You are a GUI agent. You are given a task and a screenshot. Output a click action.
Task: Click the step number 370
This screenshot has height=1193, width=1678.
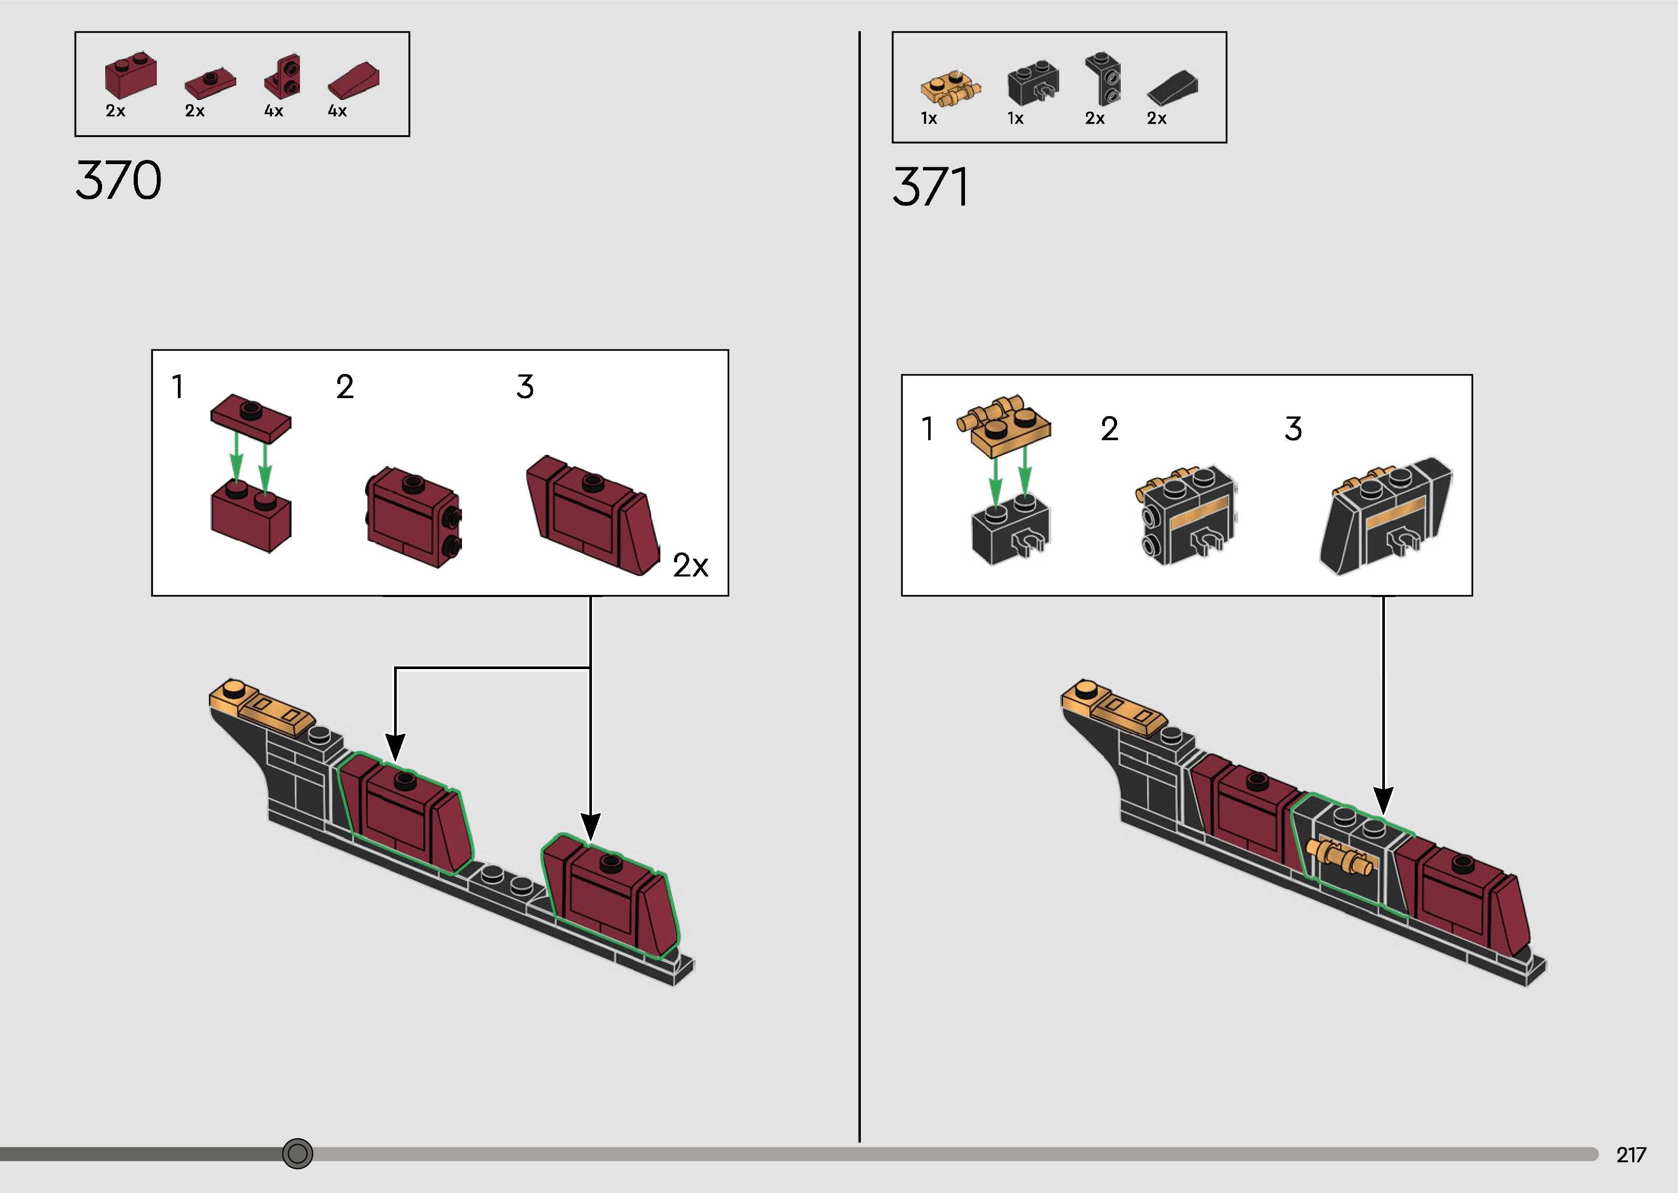coord(118,180)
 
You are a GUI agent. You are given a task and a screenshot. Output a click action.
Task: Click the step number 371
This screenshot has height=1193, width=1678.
coord(930,187)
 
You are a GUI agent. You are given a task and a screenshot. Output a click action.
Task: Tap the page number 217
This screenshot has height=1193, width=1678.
coord(1630,1155)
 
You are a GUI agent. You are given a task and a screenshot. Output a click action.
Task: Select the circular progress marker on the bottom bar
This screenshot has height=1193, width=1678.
coord(297,1154)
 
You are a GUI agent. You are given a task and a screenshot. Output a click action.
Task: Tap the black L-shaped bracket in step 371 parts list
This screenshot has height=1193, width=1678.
coord(1103,78)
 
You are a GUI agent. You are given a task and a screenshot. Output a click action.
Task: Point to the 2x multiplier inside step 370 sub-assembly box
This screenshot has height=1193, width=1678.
coord(690,565)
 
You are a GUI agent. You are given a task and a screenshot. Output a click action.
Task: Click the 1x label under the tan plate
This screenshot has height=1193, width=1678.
coord(929,118)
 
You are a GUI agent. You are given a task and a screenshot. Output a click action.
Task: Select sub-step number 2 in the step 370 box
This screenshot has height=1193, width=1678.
coord(345,387)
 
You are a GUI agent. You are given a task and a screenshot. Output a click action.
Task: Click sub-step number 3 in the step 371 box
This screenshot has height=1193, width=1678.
coord(1293,428)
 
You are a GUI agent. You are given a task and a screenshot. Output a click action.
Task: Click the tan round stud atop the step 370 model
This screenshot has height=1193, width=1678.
coord(234,689)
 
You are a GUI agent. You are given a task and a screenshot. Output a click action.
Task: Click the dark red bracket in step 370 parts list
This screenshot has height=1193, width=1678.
coord(283,76)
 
